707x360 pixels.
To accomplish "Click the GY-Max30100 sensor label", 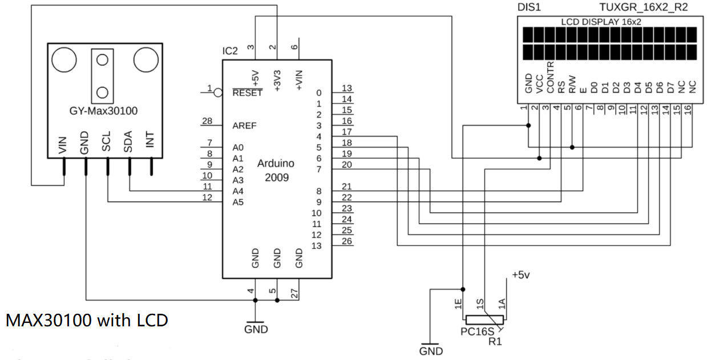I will coord(103,110).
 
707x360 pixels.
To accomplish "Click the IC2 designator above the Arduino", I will coord(230,51).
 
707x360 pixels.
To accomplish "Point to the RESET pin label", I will coord(248,93).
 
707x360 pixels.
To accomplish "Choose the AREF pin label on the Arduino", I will coord(244,126).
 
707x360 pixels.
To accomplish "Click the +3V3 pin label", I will coord(277,80).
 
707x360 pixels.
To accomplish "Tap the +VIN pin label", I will coord(298,80).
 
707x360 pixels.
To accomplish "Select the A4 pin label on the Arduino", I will coord(238,191).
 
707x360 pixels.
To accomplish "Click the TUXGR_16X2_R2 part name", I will coord(643,7).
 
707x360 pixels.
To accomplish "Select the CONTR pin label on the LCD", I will coord(550,78).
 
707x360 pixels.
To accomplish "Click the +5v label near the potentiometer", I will coord(522,275).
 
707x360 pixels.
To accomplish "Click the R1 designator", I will coord(495,341).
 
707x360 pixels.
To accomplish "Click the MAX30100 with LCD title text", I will coord(87,320).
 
